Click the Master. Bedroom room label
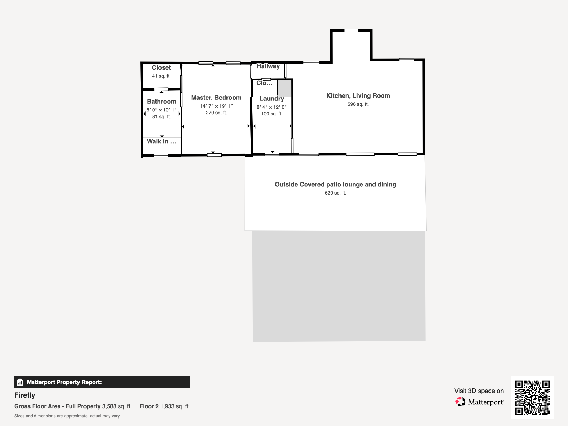pyautogui.click(x=216, y=98)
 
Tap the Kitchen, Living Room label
pyautogui.click(x=358, y=96)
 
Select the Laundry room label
pyautogui.click(x=272, y=99)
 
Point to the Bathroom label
pyautogui.click(x=162, y=102)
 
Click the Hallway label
pyautogui.click(x=268, y=66)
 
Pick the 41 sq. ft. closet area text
pyautogui.click(x=161, y=76)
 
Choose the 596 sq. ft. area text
pyautogui.click(x=358, y=104)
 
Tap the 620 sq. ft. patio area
pyautogui.click(x=335, y=193)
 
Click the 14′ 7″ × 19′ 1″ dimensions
pyautogui.click(x=216, y=106)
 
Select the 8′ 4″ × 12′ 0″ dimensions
pyautogui.click(x=272, y=107)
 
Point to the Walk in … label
pyautogui.click(x=162, y=142)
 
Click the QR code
pyautogui.click(x=532, y=397)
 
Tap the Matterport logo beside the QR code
pyautogui.click(x=480, y=402)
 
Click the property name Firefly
pyautogui.click(x=24, y=395)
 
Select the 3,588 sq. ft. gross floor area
pyautogui.click(x=117, y=406)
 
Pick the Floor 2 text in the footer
pyautogui.click(x=149, y=406)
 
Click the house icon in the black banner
pyautogui.click(x=20, y=382)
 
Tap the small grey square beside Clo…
pyautogui.click(x=285, y=88)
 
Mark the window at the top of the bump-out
pyautogui.click(x=351, y=31)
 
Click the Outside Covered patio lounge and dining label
pyautogui.click(x=335, y=184)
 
